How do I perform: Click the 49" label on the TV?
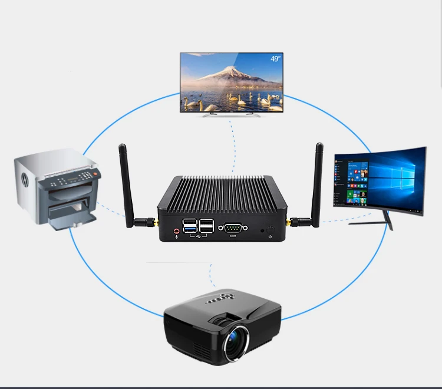[275, 58]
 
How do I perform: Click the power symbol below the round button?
[271, 237]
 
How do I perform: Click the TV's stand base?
[232, 114]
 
